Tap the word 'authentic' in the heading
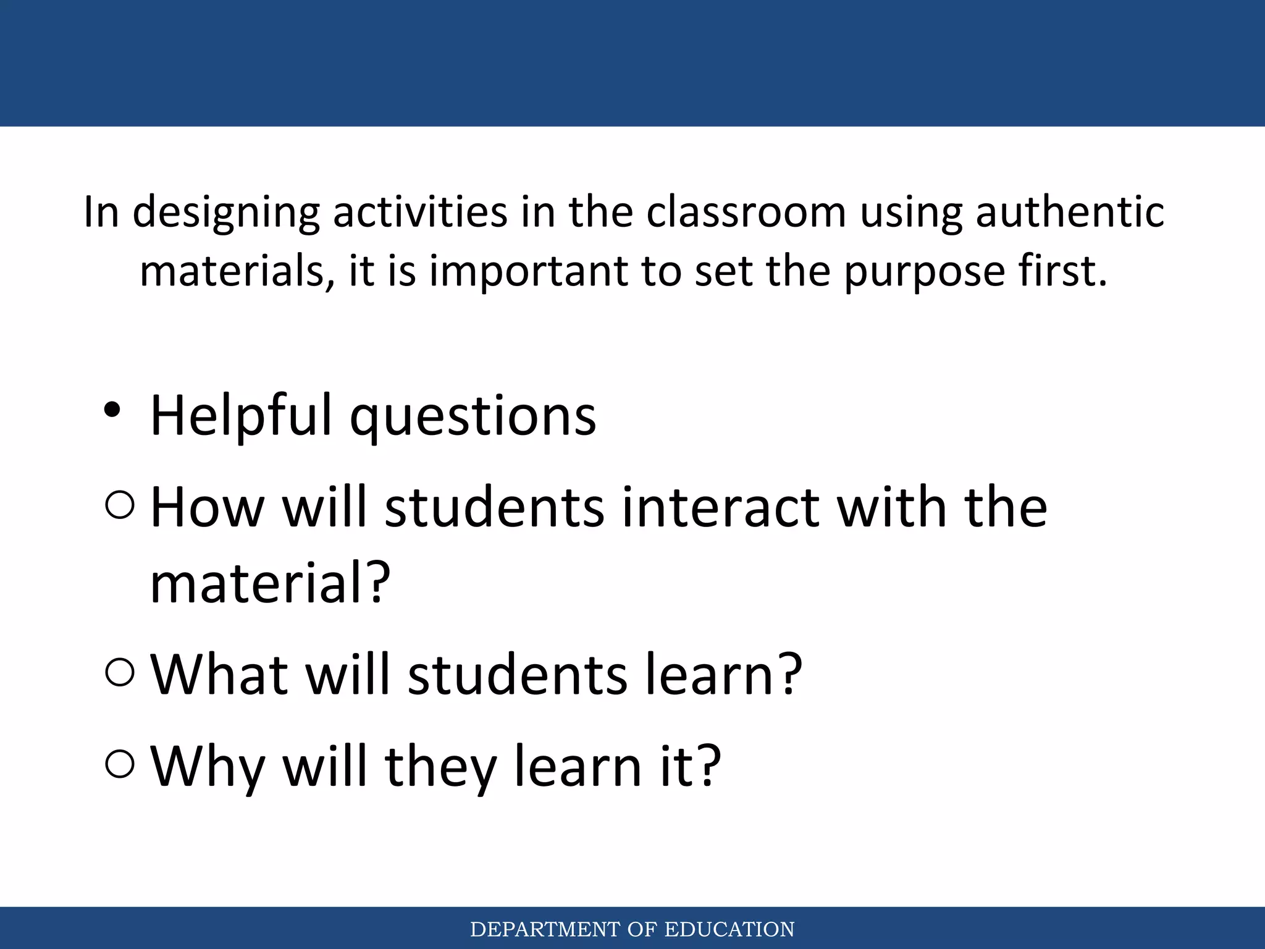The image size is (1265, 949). (1070, 212)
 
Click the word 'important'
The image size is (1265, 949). (528, 272)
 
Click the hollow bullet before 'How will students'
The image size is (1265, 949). (120, 505)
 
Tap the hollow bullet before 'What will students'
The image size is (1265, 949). (120, 672)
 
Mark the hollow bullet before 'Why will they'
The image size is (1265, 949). (120, 764)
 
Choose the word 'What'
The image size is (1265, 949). (220, 674)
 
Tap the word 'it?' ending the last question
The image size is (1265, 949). (690, 766)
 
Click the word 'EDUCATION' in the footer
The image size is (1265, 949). (729, 929)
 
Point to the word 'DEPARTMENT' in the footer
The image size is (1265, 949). (545, 929)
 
